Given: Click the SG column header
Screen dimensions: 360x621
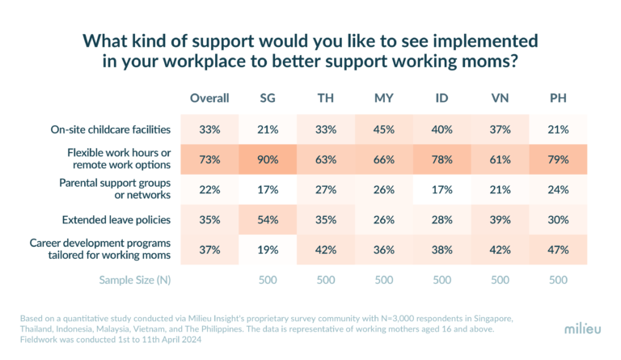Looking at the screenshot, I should [267, 98].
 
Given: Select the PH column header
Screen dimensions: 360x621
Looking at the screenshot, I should [558, 98].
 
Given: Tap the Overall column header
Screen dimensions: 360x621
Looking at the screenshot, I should [209, 98].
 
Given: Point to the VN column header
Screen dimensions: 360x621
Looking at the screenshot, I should [500, 98].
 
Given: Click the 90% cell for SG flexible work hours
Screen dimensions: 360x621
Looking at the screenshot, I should [267, 159].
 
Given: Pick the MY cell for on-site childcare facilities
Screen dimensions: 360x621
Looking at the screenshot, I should [383, 128].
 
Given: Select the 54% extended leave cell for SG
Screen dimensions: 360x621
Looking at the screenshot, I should [267, 219].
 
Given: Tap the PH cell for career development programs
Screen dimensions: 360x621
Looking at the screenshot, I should [558, 250].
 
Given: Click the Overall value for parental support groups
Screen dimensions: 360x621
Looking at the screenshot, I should [209, 189].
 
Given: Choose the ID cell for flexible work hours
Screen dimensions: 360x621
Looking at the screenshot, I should [441, 159].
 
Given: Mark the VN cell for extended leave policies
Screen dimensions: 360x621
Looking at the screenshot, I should [500, 219].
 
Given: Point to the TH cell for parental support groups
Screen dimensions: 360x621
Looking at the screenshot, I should [325, 189].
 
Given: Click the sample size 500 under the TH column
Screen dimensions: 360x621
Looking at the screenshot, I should [325, 279].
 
